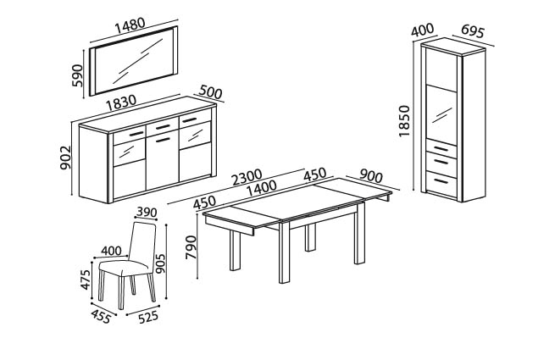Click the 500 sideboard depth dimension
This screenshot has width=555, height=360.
(x=211, y=91)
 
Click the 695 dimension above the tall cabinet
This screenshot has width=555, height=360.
(x=472, y=32)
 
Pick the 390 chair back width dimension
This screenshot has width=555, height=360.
(x=146, y=213)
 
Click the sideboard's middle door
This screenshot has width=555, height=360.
(x=161, y=160)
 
